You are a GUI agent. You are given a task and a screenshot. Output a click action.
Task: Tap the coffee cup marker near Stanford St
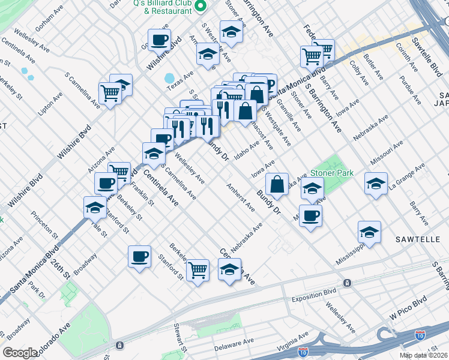pyautogui.click(x=139, y=257)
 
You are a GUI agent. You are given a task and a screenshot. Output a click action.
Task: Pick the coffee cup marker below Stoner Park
pyautogui.click(x=310, y=215)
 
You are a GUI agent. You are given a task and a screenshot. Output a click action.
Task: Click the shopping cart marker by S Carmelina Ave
pyautogui.click(x=110, y=93)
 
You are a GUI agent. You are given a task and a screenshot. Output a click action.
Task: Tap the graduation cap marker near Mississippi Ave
pyautogui.click(x=369, y=232)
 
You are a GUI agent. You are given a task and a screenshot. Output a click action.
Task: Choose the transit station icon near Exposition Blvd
pyautogui.click(x=347, y=283)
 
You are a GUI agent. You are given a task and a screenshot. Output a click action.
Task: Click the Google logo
pyautogui.click(x=20, y=353)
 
